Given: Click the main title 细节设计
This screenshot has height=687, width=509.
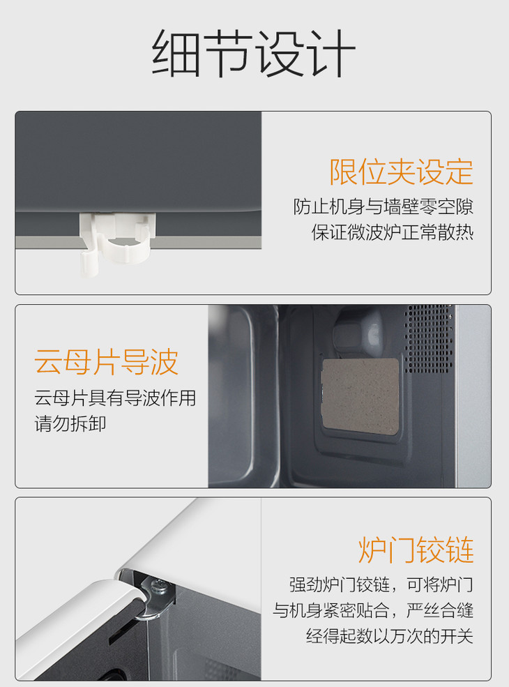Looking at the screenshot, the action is point(254,54).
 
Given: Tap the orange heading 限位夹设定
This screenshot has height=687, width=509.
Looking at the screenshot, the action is point(401,172).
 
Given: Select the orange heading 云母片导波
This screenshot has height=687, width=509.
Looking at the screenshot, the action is point(107,362).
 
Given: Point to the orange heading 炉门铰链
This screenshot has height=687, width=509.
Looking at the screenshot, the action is point(416,550).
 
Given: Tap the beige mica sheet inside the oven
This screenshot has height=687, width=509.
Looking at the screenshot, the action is point(360,397).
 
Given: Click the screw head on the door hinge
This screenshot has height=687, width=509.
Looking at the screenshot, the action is point(158,585).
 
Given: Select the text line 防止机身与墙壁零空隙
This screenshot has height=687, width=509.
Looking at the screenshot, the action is point(383,207).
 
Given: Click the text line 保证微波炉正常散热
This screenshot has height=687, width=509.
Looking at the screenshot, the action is point(393,232).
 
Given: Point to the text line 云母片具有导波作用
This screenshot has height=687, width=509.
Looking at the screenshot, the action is point(115,398).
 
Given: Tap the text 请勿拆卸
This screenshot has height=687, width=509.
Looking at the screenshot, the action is point(70,423).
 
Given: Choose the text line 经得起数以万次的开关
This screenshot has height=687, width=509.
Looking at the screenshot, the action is point(390,636).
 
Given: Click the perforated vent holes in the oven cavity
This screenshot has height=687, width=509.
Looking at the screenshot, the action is point(428,338).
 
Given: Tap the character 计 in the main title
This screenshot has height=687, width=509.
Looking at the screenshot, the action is point(331,54).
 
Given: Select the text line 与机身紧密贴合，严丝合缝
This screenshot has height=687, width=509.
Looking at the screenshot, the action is point(373,610).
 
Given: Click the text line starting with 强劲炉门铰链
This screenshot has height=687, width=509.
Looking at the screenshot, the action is point(381,584).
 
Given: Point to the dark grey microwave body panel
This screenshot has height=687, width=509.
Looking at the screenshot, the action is point(138,162).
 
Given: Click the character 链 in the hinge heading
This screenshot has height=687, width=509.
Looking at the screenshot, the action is point(459,550).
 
